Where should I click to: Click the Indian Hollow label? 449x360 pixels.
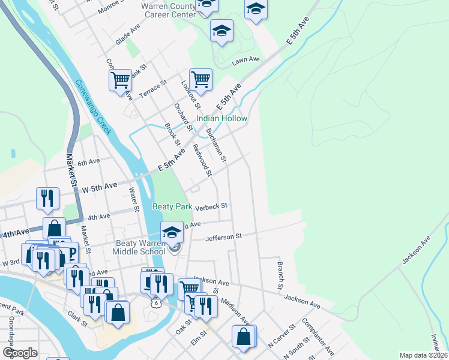point(221,118)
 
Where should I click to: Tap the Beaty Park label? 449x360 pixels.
point(172,206)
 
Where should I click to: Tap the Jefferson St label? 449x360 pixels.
point(223,237)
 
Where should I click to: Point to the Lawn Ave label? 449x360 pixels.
point(246,59)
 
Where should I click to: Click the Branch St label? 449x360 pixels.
point(280,273)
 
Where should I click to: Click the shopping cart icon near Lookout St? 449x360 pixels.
point(200,79)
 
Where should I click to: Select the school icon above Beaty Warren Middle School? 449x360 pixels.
point(172,232)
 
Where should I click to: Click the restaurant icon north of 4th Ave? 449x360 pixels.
point(47,197)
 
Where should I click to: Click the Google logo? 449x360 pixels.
point(20,353)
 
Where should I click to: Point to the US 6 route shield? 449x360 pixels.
point(156,304)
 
